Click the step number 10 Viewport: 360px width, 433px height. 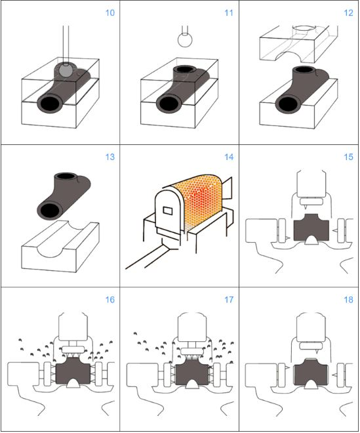coord(110,12)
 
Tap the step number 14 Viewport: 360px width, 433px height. coord(229,157)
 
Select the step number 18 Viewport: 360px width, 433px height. coord(348,300)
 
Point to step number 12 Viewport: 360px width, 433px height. coord(348,12)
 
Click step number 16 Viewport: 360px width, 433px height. coord(110,300)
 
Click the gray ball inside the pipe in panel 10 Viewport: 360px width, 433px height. coord(66,70)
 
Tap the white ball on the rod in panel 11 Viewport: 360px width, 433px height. coord(185,40)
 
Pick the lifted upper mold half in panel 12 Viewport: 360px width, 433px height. coord(299,44)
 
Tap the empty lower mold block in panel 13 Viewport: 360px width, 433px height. coord(60,246)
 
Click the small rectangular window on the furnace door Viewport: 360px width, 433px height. coord(168,211)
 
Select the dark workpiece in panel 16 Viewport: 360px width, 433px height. coord(73,371)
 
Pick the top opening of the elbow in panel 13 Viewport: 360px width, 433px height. coord(66,176)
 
